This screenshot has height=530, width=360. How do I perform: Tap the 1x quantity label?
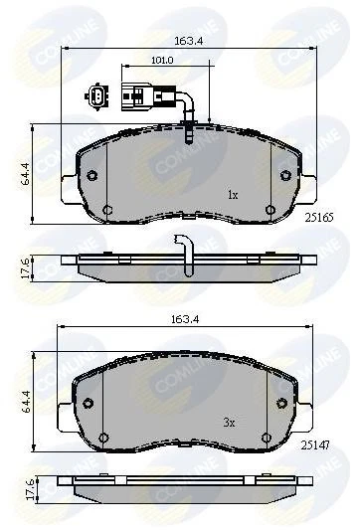[233, 195]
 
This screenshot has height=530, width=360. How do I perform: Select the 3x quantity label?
[229, 423]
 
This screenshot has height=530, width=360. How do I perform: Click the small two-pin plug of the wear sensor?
[92, 97]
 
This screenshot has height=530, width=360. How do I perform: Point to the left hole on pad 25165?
[91, 176]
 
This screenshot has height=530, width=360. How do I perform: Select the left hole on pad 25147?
[88, 403]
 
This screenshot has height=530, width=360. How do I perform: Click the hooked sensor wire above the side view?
[183, 249]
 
